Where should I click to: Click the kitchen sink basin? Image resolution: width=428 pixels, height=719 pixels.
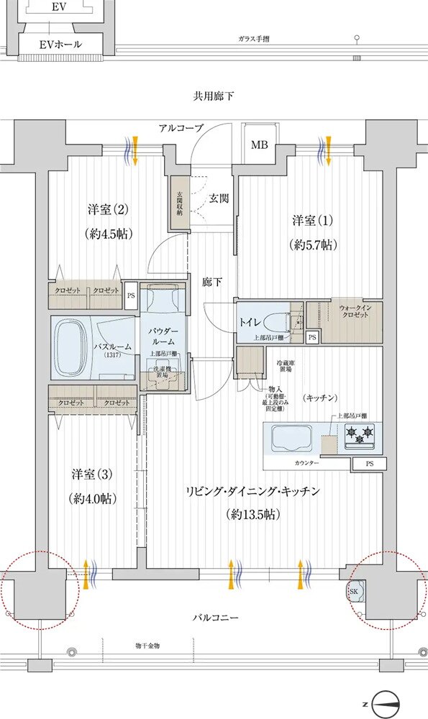click(x=289, y=436)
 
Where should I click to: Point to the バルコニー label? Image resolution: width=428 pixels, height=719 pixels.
click(x=216, y=618)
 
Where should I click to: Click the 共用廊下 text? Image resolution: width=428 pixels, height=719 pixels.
click(x=214, y=96)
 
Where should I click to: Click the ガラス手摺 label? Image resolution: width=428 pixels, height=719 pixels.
click(x=255, y=38)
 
